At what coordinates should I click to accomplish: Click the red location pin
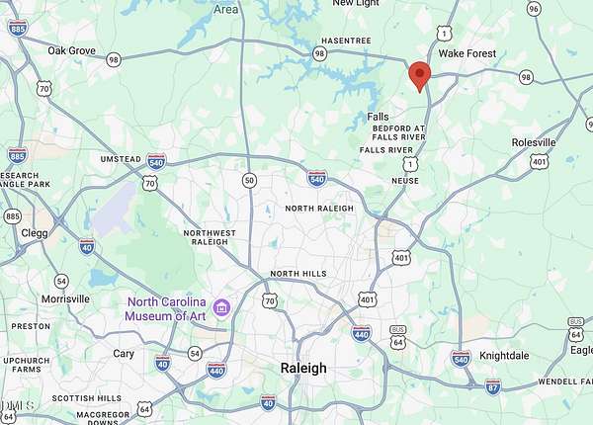tap(419, 75)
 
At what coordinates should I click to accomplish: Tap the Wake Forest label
tap(466, 53)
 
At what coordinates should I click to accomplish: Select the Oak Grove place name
tap(70, 50)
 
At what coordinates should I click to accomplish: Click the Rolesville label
tap(534, 142)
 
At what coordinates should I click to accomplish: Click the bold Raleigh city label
tap(303, 368)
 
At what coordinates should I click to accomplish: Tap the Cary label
tap(124, 353)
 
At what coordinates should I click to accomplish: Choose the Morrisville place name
tap(65, 298)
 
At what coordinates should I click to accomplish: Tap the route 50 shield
tap(249, 180)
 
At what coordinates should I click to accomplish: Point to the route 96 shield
tap(534, 9)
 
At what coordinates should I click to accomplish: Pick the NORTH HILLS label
tap(297, 274)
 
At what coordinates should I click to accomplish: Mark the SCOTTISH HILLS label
tap(87, 398)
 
